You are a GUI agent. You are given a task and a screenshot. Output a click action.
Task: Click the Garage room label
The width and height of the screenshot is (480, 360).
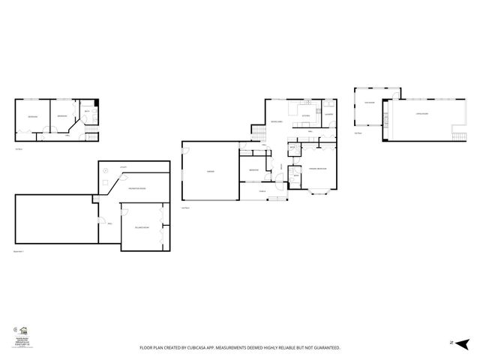tap(211, 172)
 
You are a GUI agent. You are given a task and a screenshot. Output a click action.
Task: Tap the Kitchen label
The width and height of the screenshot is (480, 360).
tap(306, 116)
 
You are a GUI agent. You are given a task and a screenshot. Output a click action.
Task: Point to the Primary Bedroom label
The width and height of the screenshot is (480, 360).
tap(317, 169)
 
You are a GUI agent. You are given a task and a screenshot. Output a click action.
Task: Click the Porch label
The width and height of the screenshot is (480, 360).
tap(262, 191)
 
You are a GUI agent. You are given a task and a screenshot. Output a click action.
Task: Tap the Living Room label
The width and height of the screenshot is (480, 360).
tap(422, 114)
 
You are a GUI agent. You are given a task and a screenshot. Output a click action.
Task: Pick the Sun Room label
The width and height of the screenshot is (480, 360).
tap(369, 103)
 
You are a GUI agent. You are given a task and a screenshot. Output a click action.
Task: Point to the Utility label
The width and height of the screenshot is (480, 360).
tap(123, 166)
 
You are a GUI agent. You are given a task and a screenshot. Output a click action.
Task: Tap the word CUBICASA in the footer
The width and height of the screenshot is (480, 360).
tap(210, 348)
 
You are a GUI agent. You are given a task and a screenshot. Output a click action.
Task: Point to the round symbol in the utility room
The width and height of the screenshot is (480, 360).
tap(106, 171)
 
